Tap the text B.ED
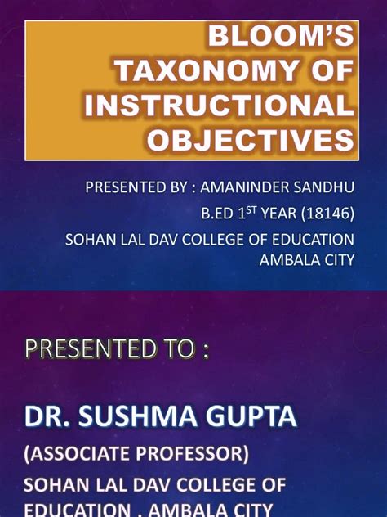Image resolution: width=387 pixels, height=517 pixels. click(x=220, y=214)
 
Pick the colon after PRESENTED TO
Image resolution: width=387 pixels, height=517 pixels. click(x=205, y=352)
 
